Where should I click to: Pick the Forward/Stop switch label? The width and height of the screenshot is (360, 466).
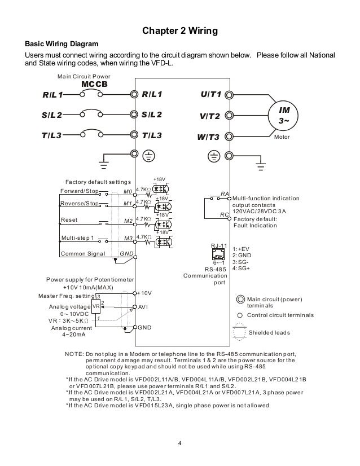pyautogui.click(x=79, y=191)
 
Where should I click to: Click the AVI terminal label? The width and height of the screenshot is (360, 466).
pyautogui.click(x=144, y=308)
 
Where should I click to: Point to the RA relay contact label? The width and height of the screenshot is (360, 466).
pyautogui.click(x=224, y=194)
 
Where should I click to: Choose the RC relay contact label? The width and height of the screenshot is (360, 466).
pyautogui.click(x=224, y=214)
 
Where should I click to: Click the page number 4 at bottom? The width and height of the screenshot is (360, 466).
pyautogui.click(x=179, y=442)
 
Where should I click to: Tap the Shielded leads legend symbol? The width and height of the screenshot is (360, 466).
pyautogui.click(x=240, y=332)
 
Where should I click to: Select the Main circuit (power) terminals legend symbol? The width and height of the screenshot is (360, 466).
pyautogui.click(x=240, y=300)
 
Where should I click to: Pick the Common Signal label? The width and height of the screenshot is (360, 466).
pyautogui.click(x=83, y=254)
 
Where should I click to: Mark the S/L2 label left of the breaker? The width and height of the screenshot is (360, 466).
pyautogui.click(x=51, y=116)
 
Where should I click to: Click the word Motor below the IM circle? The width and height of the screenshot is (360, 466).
pyautogui.click(x=282, y=137)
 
